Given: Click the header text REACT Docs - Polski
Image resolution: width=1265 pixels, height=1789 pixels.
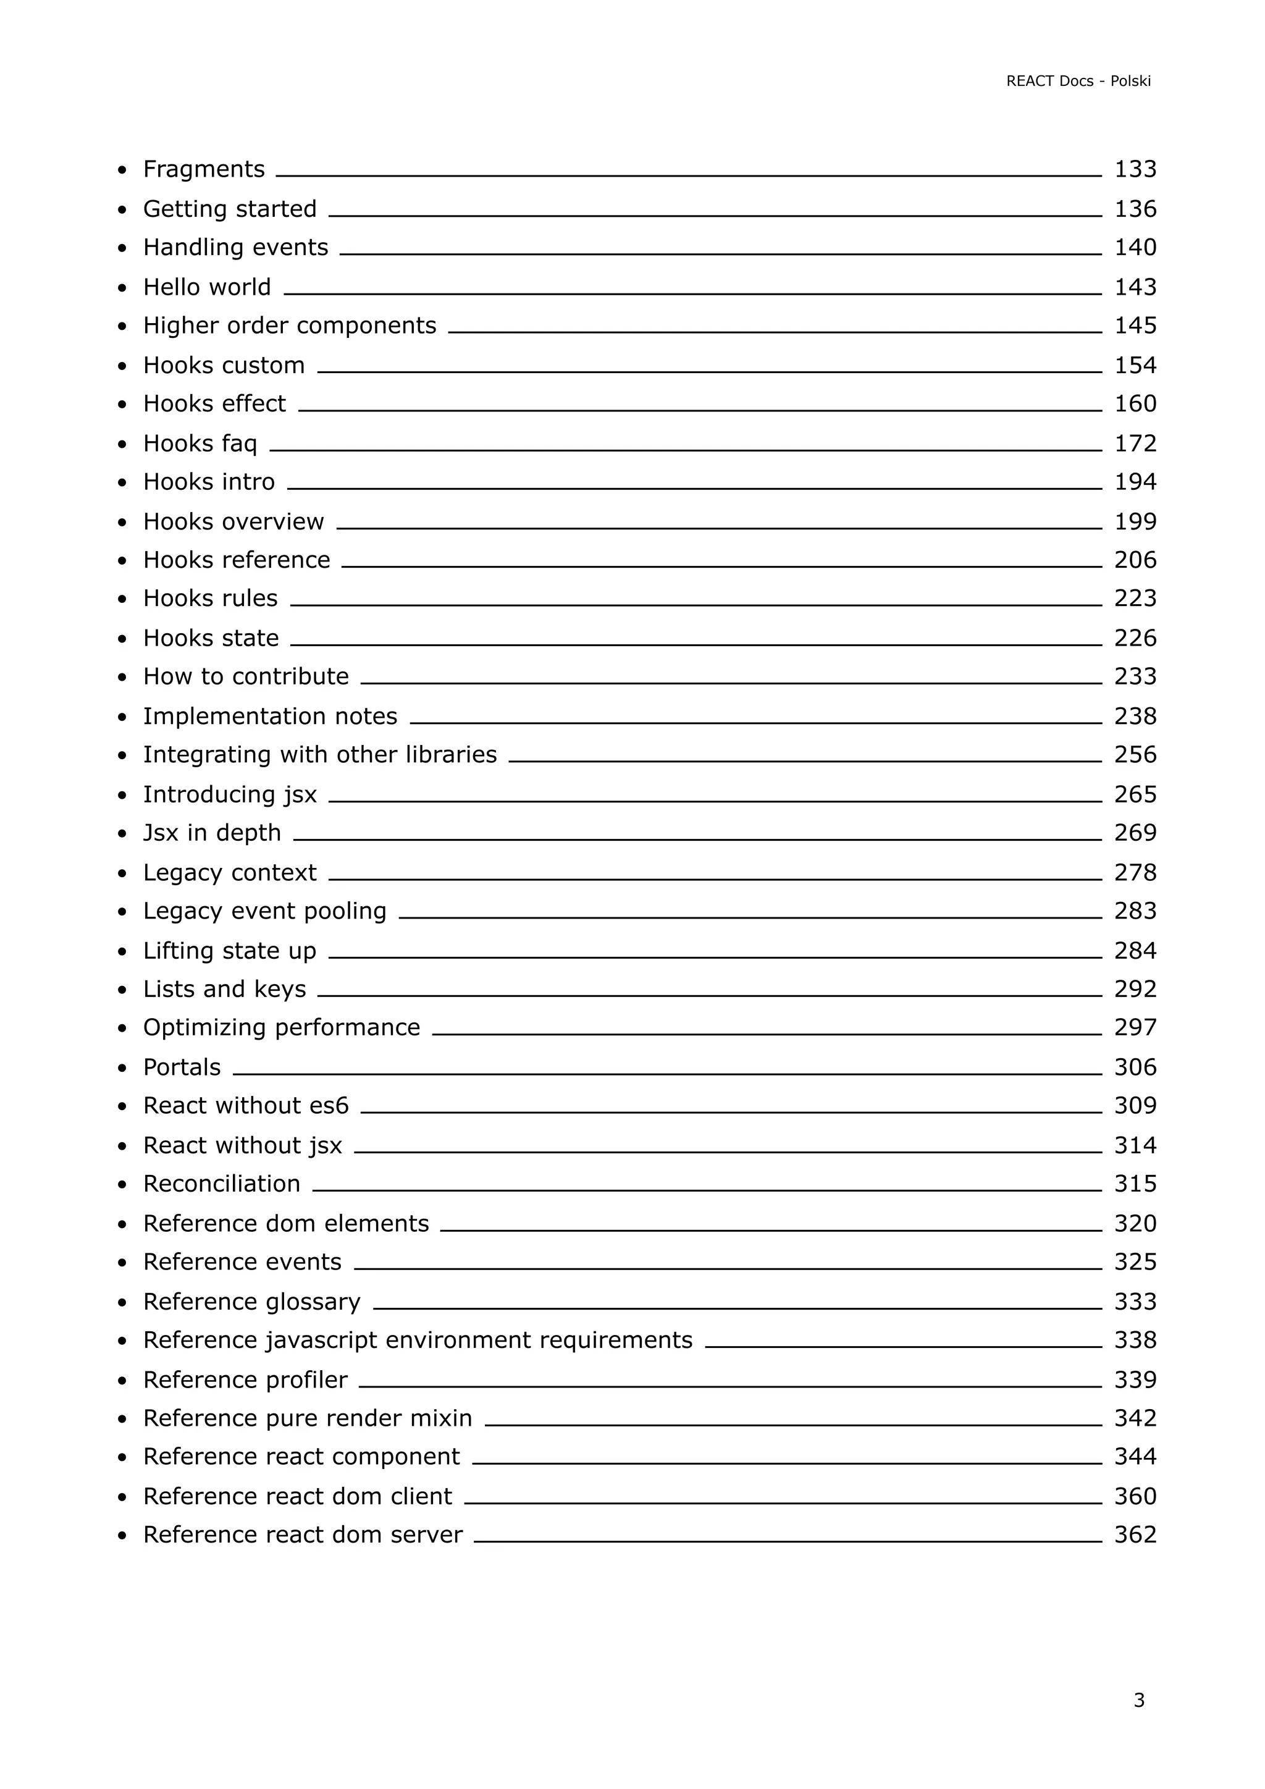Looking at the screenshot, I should click(x=1078, y=81).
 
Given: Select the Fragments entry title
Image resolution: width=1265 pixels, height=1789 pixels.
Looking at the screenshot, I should click(x=204, y=169).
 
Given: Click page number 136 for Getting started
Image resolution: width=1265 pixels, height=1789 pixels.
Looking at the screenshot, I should click(x=1135, y=209).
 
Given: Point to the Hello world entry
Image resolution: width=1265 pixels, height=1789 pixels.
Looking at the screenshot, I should click(x=207, y=287).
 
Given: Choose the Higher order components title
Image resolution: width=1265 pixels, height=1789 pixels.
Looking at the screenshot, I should click(x=290, y=325).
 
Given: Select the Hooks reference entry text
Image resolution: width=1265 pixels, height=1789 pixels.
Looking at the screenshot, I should click(x=237, y=560).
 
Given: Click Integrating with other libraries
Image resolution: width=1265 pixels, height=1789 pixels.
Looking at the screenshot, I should click(x=319, y=754).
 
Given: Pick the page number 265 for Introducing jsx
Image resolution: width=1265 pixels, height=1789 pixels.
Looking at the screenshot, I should click(x=1135, y=794).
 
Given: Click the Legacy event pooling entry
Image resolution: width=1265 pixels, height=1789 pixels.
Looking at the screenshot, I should click(x=265, y=911).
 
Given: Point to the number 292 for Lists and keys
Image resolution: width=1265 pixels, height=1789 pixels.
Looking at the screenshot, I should click(x=1135, y=989).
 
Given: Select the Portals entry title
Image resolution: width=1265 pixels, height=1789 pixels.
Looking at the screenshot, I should click(x=182, y=1067).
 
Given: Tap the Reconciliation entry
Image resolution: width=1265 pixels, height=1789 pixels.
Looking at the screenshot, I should click(x=222, y=1184).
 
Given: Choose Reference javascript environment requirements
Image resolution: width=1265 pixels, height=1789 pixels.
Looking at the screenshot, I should click(x=418, y=1339).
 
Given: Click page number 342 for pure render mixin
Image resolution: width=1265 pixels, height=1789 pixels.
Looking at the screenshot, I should click(x=1135, y=1417).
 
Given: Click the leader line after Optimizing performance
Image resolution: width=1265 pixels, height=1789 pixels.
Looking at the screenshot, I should click(x=767, y=1035).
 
